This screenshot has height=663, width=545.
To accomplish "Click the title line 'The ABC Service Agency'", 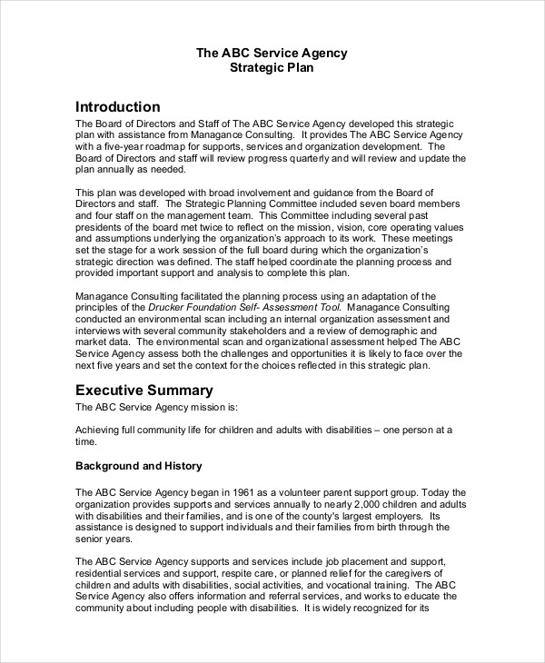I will point(272,53).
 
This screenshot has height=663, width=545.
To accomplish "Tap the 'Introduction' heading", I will point(117,106).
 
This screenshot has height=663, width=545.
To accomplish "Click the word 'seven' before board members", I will point(367,203).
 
